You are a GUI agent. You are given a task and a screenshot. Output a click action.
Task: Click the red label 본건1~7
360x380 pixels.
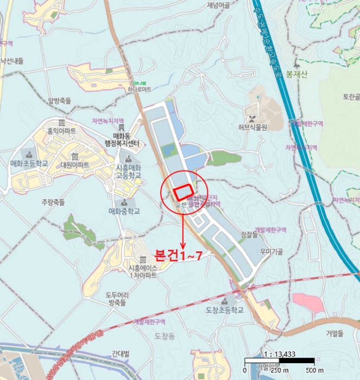(x=178, y=255)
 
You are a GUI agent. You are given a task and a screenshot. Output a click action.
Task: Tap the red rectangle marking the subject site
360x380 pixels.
(x=183, y=191)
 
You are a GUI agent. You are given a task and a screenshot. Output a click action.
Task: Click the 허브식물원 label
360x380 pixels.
(x=252, y=128)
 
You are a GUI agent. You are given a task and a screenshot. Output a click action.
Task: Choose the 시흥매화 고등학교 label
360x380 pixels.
(x=128, y=172)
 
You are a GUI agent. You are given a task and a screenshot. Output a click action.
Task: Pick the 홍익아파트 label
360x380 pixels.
(x=61, y=131)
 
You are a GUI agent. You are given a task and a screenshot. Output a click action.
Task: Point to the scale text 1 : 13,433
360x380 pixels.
(x=279, y=354)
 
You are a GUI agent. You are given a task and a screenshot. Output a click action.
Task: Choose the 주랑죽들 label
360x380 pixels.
(x=53, y=202)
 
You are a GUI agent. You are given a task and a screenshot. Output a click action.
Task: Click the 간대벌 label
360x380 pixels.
(x=121, y=354)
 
